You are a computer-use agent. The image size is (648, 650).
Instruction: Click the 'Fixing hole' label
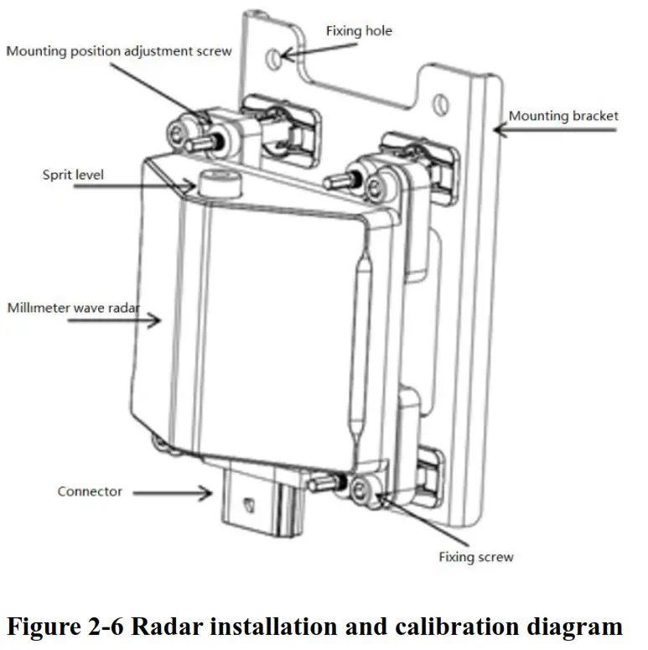pos(358,31)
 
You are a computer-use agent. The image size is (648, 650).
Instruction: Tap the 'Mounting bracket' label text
pos(563,115)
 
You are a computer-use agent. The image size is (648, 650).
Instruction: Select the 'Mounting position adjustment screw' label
pos(118,51)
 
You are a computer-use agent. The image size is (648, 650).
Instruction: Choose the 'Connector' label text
pos(90,491)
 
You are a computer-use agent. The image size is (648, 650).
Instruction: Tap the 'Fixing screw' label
pos(475,557)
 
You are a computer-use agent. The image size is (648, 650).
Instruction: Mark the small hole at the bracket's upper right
pos(438,104)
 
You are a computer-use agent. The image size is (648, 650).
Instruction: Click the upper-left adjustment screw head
pos(179,131)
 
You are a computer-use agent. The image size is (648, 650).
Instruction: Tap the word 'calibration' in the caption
pos(470,626)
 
